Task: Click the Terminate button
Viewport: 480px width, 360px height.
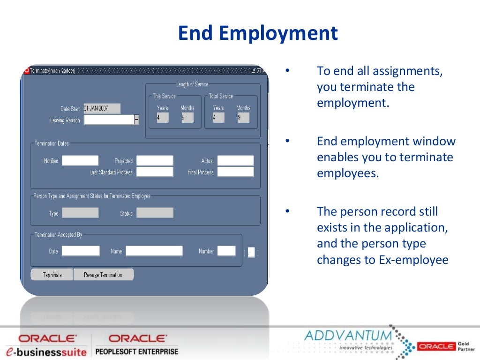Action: click(52, 275)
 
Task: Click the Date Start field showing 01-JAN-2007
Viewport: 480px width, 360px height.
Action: click(102, 108)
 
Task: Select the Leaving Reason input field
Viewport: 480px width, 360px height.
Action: click(109, 120)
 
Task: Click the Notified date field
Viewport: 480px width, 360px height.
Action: click(80, 161)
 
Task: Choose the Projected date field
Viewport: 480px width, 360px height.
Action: click(155, 161)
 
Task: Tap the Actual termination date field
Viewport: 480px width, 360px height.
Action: click(235, 161)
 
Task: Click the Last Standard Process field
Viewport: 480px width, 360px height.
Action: click(155, 172)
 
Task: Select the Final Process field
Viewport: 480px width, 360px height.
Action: click(235, 172)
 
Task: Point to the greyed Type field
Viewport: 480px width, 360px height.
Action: click(80, 213)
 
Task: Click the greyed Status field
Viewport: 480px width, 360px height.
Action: click(155, 213)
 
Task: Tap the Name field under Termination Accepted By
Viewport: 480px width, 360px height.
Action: click(154, 251)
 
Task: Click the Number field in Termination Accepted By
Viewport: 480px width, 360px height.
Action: click(226, 251)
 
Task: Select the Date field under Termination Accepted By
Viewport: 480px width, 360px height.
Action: click(81, 251)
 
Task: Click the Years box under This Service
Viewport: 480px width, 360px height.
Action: click(162, 118)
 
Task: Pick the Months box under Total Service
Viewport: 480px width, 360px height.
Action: click(243, 118)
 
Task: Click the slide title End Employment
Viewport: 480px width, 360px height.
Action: click(258, 33)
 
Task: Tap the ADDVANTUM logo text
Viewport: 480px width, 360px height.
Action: click(347, 336)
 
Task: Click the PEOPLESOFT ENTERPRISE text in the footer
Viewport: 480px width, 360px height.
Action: click(137, 351)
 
